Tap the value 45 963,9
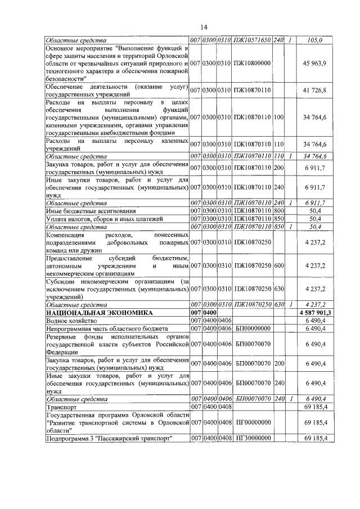[314, 64]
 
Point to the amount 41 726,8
[314, 90]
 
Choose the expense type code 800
[278, 210]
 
